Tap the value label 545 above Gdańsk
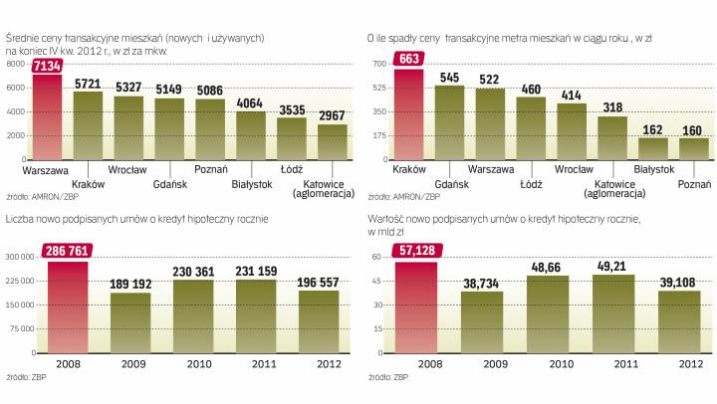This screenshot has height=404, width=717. (x=451, y=77)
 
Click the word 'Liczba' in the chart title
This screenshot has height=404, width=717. (x=21, y=218)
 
